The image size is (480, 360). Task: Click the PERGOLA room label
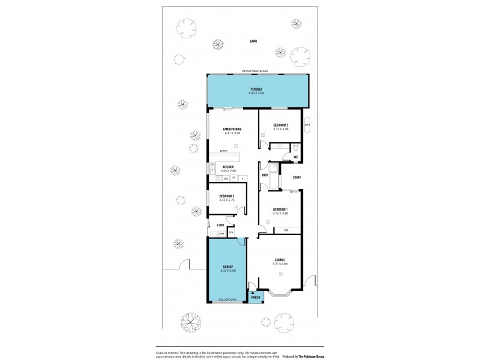pyautogui.click(x=257, y=89)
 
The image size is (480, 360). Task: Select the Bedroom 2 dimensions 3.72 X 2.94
pyautogui.click(x=281, y=130)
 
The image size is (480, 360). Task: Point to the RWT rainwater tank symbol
pyautogui.click(x=307, y=125)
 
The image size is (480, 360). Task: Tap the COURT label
pyautogui.click(x=296, y=177)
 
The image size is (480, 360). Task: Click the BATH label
pyautogui.click(x=265, y=175)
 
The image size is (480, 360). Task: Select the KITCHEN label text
pyautogui.click(x=228, y=167)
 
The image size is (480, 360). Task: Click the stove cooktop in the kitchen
pyautogui.click(x=234, y=178)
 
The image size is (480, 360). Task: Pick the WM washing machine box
pyautogui.click(x=221, y=233)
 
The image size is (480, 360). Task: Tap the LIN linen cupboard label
pyautogui.click(x=231, y=233)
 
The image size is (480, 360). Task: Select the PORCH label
pyautogui.click(x=256, y=298)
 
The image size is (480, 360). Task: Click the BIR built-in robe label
pyautogui.click(x=286, y=230)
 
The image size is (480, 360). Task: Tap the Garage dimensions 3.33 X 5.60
pyautogui.click(x=228, y=269)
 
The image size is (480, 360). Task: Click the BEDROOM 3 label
pyautogui.click(x=227, y=196)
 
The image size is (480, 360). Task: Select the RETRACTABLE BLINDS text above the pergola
pyautogui.click(x=257, y=71)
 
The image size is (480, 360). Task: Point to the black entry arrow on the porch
pyautogui.click(x=256, y=291)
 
